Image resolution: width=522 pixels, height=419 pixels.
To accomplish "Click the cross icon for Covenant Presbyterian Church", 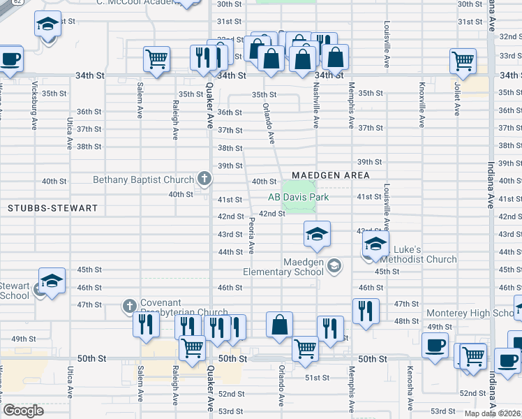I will (x=129, y=305).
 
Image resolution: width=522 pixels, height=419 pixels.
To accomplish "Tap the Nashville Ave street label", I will (x=315, y=111).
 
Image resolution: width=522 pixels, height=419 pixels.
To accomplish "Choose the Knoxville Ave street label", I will (x=422, y=106).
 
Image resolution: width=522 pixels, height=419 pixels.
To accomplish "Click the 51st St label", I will (x=316, y=378).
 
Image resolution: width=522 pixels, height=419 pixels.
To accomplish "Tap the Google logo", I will (x=23, y=411).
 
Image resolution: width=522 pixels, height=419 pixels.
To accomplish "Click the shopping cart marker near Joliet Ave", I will (x=463, y=61).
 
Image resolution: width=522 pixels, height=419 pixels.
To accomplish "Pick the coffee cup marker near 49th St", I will (x=435, y=346).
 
